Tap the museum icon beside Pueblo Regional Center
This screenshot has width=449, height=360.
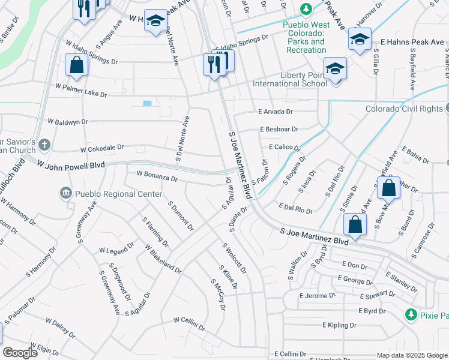65,193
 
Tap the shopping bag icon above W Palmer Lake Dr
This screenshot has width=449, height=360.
76,65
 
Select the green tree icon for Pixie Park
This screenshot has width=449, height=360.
411,314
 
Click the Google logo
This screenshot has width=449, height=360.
20,353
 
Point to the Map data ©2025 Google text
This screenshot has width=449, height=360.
411,355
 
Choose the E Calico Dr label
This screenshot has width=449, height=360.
284,147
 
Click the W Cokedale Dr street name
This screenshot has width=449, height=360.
101,148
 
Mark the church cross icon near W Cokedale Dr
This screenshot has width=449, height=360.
45,145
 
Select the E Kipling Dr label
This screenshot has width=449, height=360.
339,325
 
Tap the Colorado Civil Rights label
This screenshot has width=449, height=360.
404,109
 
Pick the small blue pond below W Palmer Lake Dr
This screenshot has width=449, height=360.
147,103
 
